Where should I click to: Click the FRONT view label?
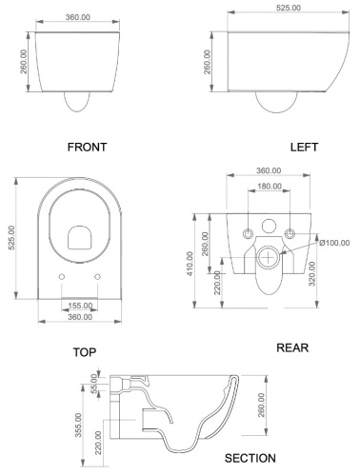coord(87,148)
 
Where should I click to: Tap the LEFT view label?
coord(304,148)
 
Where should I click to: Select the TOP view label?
coord(85,352)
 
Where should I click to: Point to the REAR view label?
coord(292,347)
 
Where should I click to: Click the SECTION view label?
coord(250,458)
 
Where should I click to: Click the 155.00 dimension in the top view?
coord(80,306)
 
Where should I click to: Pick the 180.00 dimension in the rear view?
coord(270,187)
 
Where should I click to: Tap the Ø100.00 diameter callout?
coord(334,243)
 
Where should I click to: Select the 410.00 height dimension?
coord(190,264)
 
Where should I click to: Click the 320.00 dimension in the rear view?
coord(312,273)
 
